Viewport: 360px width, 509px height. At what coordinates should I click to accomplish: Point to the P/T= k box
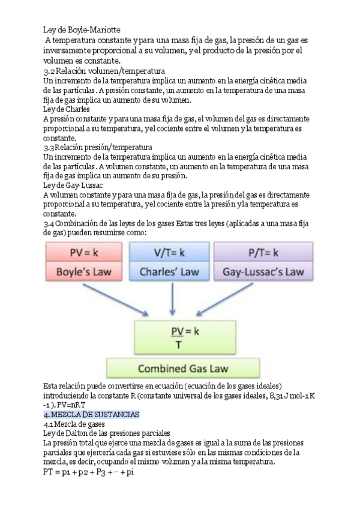click(263, 252)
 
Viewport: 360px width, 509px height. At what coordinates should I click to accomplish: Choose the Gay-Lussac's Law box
click(263, 271)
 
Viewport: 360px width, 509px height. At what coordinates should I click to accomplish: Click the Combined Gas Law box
click(178, 367)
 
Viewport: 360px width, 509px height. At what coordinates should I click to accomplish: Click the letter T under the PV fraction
click(178, 344)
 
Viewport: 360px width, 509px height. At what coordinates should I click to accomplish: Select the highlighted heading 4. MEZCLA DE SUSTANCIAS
click(91, 415)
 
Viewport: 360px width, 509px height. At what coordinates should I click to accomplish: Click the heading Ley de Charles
click(67, 110)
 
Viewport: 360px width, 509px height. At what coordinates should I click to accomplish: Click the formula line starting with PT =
click(88, 472)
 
